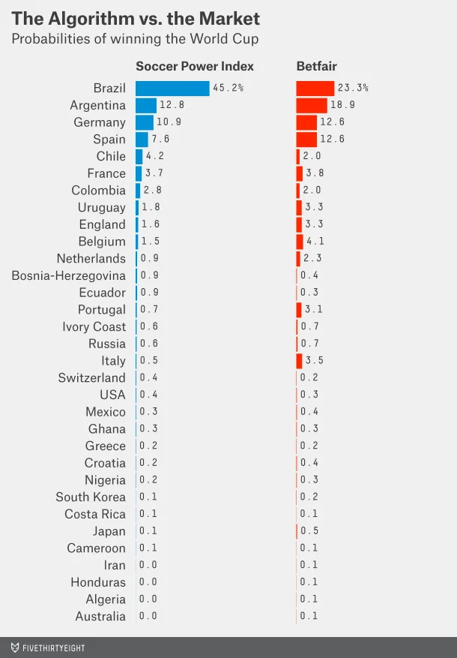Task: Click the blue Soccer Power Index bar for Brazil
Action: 172,89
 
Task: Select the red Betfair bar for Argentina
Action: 312,106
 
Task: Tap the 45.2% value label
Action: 228,89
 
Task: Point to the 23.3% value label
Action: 353,89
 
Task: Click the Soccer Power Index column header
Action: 195,67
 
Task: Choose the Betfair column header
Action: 316,67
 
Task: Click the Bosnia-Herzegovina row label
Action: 69,275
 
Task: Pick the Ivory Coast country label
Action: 94,326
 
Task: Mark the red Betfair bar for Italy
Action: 299,361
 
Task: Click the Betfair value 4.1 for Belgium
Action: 313,242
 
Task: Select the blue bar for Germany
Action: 145,122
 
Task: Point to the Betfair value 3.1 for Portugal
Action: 312,310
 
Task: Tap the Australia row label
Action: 100,616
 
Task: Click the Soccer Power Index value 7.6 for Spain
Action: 159,140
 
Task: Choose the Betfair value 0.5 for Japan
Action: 309,531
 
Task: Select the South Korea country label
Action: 91,497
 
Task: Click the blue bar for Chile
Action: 139,157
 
